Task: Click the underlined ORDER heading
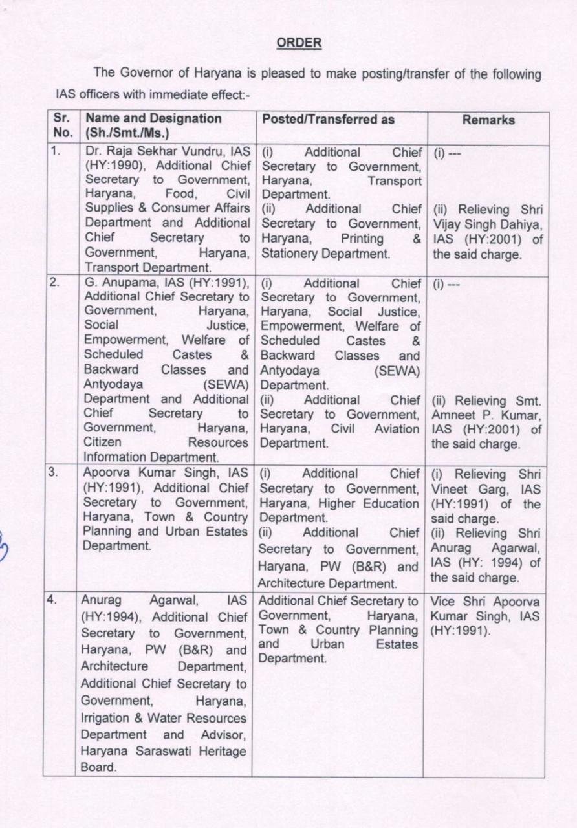click(299, 43)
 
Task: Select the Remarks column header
click(489, 120)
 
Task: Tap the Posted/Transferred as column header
click(328, 120)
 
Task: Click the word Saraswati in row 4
click(164, 751)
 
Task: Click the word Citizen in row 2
click(103, 442)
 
